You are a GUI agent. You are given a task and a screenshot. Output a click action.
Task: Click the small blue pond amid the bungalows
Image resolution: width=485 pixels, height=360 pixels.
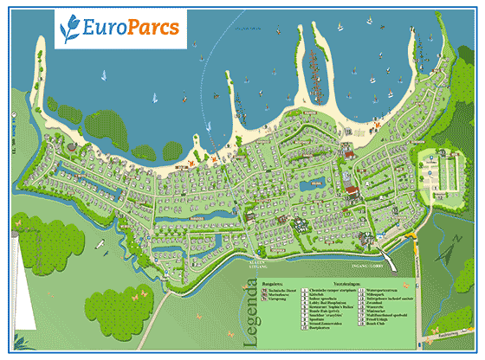tap(318, 183)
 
